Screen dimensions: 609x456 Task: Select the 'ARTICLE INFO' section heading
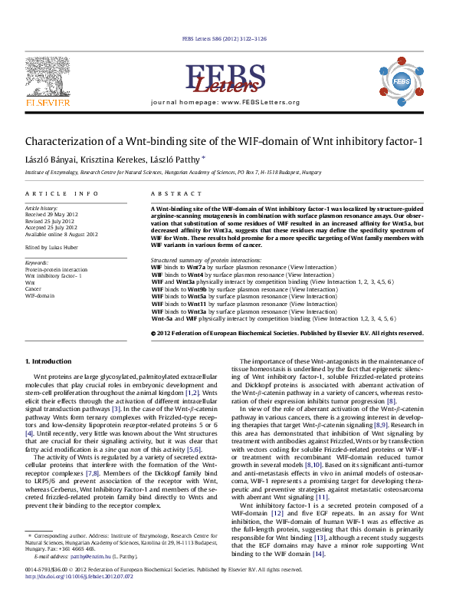pyautogui.click(x=61, y=194)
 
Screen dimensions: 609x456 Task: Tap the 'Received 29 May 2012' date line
pyautogui.click(x=52, y=214)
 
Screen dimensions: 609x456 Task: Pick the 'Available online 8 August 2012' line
pyautogui.click(x=61, y=234)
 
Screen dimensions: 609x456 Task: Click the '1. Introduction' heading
pyautogui.click(x=48, y=360)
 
